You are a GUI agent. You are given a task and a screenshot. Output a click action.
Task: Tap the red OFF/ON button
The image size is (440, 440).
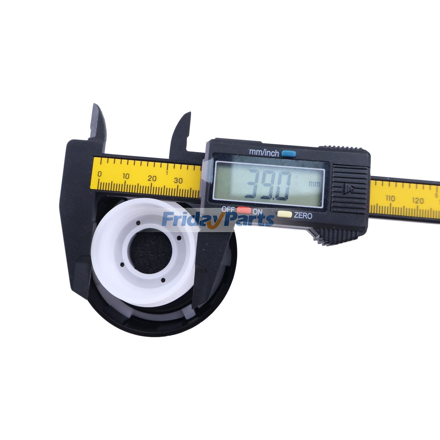click(244, 211)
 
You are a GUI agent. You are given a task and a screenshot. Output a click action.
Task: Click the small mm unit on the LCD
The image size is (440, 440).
click(314, 184)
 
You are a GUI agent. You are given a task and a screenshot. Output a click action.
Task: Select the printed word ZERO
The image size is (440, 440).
click(303, 216)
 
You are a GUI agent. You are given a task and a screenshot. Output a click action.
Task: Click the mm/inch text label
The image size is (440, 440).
click(264, 153)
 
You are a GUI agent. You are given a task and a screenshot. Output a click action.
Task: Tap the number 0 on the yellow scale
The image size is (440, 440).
click(100, 174)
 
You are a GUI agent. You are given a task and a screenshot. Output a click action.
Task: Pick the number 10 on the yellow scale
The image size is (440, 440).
click(126, 177)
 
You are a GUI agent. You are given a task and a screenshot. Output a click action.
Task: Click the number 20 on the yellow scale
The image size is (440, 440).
click(152, 178)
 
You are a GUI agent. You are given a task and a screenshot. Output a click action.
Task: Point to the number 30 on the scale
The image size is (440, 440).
click(178, 180)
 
